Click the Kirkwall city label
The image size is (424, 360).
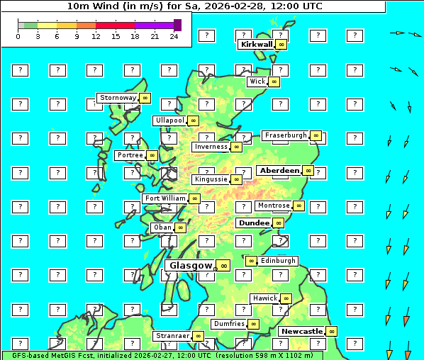(x=256, y=44)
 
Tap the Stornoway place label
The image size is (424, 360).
(x=117, y=98)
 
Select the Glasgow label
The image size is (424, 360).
(x=190, y=265)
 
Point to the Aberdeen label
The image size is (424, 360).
(x=279, y=171)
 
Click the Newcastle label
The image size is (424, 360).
(x=301, y=331)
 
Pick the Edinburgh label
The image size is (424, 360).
(x=277, y=261)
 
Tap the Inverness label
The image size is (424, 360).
(x=211, y=147)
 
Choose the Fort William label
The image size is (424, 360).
(x=164, y=198)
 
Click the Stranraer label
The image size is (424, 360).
(x=172, y=336)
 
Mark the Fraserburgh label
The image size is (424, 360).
(x=285, y=135)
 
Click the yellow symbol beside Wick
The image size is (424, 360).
(x=274, y=81)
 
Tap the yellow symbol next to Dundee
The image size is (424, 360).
(x=278, y=223)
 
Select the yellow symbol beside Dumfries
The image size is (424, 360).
(x=253, y=324)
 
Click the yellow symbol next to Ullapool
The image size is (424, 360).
(x=193, y=120)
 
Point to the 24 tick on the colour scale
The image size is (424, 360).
(x=174, y=36)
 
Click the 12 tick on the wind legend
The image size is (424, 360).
(x=96, y=36)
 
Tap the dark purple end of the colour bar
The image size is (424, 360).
(x=177, y=25)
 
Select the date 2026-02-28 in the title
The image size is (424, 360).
(x=239, y=6)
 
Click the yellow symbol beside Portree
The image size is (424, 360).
(x=152, y=155)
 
